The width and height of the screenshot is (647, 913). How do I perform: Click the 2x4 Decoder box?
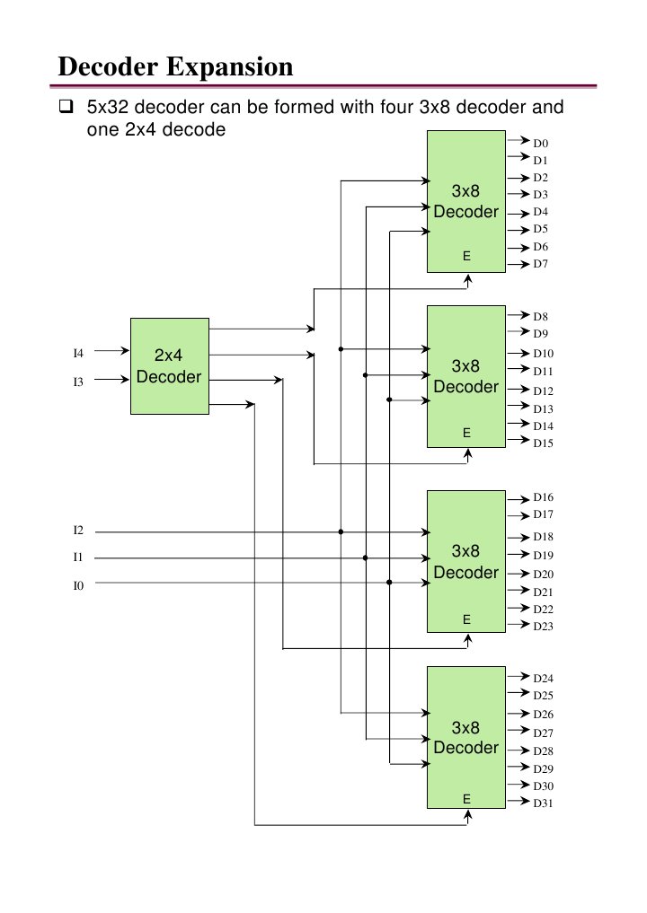pos(169,365)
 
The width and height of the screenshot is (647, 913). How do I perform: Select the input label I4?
pos(78,352)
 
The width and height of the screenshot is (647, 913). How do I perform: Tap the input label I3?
pos(78,382)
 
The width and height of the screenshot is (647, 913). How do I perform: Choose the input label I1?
pos(78,558)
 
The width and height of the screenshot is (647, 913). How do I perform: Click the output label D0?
pos(540,143)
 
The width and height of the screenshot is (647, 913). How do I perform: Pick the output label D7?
pos(540,264)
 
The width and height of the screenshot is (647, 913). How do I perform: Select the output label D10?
pos(543,354)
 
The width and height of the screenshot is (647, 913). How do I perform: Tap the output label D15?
pos(543,443)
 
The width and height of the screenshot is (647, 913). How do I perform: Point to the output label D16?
pos(543,496)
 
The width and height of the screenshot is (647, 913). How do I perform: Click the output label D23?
pos(543,626)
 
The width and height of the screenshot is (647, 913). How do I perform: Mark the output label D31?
pos(543,803)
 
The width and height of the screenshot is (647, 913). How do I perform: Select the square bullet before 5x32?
pos(65,109)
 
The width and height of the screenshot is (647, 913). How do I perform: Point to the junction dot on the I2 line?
pos(341,531)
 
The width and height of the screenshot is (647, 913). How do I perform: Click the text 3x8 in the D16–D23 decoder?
pos(465,550)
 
